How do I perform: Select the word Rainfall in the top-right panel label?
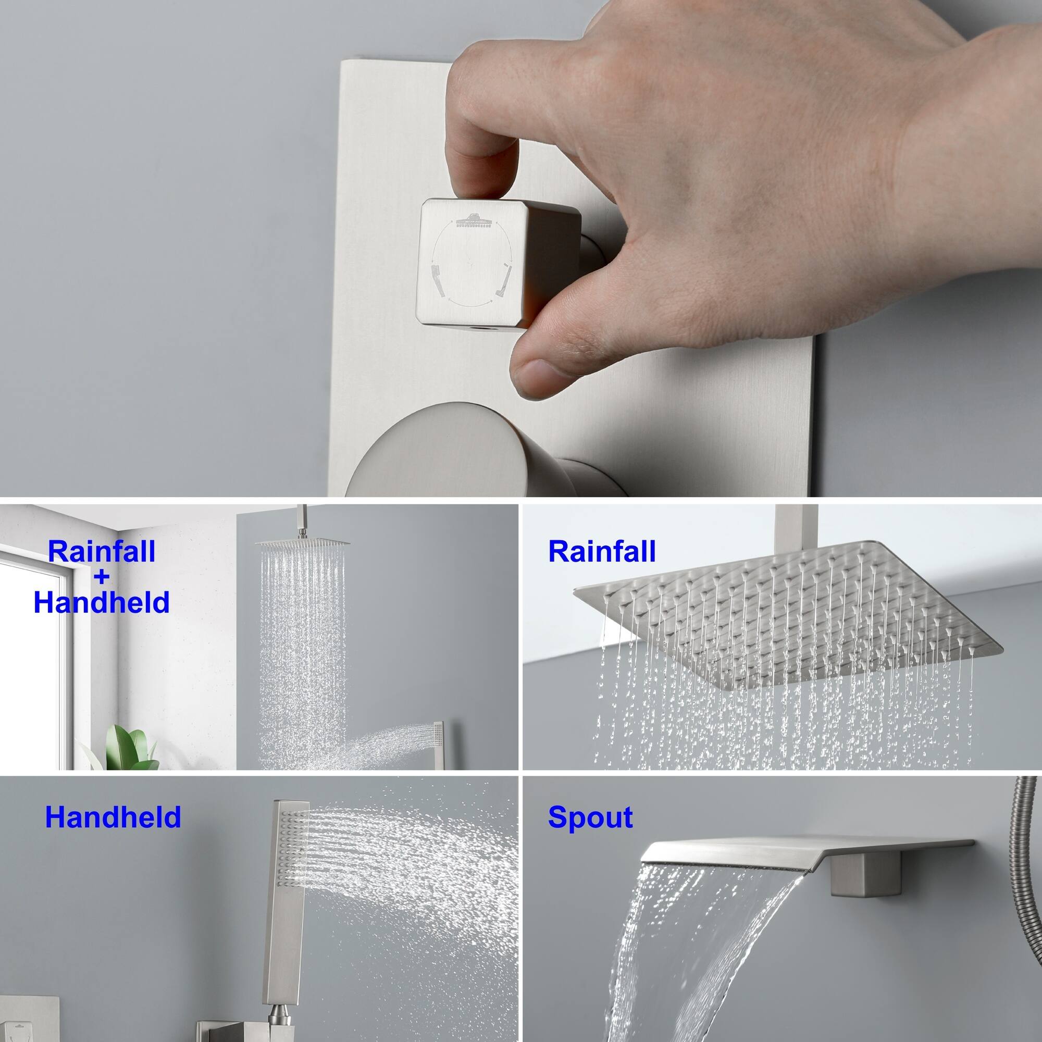(x=601, y=552)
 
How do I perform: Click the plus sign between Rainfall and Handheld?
(x=102, y=577)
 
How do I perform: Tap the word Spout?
(x=590, y=817)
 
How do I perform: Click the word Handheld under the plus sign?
(x=102, y=602)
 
